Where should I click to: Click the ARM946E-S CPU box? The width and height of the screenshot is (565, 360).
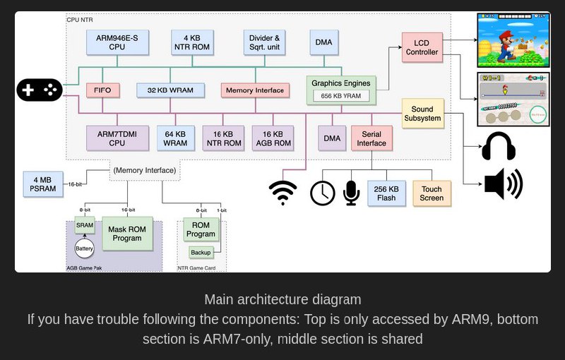pyautogui.click(x=117, y=42)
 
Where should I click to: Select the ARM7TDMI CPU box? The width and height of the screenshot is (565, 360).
pyautogui.click(x=117, y=138)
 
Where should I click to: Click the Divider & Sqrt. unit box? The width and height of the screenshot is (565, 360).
pyautogui.click(x=263, y=42)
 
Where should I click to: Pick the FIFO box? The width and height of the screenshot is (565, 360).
pyautogui.click(x=102, y=90)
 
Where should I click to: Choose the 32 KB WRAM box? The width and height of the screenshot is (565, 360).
pyautogui.click(x=170, y=90)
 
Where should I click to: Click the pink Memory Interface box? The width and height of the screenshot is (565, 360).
pyautogui.click(x=255, y=90)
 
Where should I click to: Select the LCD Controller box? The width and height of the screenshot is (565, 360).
pyautogui.click(x=422, y=47)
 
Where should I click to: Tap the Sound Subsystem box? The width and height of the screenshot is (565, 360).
pyautogui.click(x=422, y=114)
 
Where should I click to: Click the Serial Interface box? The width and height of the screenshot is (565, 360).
pyautogui.click(x=371, y=138)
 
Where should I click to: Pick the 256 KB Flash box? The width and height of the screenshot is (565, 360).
pyautogui.click(x=386, y=193)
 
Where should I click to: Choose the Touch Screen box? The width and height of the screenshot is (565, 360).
pyautogui.click(x=432, y=193)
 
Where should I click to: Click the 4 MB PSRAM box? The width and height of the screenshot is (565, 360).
pyautogui.click(x=43, y=184)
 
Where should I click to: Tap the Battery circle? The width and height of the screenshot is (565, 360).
pyautogui.click(x=85, y=249)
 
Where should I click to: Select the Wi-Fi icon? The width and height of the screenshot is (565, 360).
pyautogui.click(x=283, y=192)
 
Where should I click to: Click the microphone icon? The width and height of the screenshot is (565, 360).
pyautogui.click(x=351, y=193)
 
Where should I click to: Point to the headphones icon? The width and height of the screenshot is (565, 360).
pyautogui.click(x=499, y=147)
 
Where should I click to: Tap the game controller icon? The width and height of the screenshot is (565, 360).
pyautogui.click(x=40, y=90)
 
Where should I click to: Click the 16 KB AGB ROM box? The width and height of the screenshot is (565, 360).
pyautogui.click(x=272, y=138)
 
